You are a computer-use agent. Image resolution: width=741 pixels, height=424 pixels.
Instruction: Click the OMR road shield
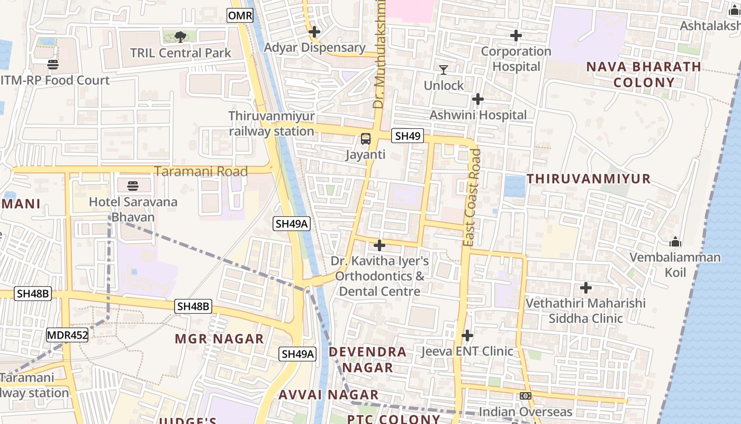tap(240, 16)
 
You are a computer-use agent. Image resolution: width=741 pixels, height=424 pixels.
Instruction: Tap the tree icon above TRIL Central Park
tap(180, 37)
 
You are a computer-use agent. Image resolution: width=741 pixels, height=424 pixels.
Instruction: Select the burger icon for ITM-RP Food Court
tap(53, 65)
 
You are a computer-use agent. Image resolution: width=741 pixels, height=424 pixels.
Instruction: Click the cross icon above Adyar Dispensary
tap(314, 32)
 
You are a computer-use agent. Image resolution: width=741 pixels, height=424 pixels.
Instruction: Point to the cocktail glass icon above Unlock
tap(444, 70)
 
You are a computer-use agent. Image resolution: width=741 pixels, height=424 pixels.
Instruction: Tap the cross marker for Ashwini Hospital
tap(478, 99)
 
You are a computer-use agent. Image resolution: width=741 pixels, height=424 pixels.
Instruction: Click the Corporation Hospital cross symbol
tap(516, 36)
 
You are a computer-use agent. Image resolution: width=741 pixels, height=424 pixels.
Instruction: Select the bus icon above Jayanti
tap(365, 139)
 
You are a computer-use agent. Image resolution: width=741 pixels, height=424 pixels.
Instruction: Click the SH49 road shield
tap(408, 136)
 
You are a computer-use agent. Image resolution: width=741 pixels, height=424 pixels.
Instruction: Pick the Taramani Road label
tap(201, 171)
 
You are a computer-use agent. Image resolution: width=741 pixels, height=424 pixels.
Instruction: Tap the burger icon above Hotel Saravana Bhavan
tap(132, 186)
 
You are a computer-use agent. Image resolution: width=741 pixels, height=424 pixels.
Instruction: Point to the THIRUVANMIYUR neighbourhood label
tap(589, 179)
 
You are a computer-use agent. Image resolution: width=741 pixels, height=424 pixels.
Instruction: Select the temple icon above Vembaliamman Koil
tap(675, 242)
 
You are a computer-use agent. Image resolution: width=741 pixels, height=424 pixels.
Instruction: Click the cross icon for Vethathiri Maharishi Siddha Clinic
tap(585, 288)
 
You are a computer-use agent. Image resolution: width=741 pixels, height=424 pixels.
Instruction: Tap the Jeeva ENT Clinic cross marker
tap(467, 335)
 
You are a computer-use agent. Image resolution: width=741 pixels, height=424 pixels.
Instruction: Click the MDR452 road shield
tap(67, 335)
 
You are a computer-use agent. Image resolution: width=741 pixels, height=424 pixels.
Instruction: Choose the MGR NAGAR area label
tap(220, 339)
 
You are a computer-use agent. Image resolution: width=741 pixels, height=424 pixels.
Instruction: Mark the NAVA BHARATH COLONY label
tap(644, 75)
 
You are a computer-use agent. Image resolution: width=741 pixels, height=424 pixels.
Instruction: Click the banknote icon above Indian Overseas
tap(526, 396)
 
